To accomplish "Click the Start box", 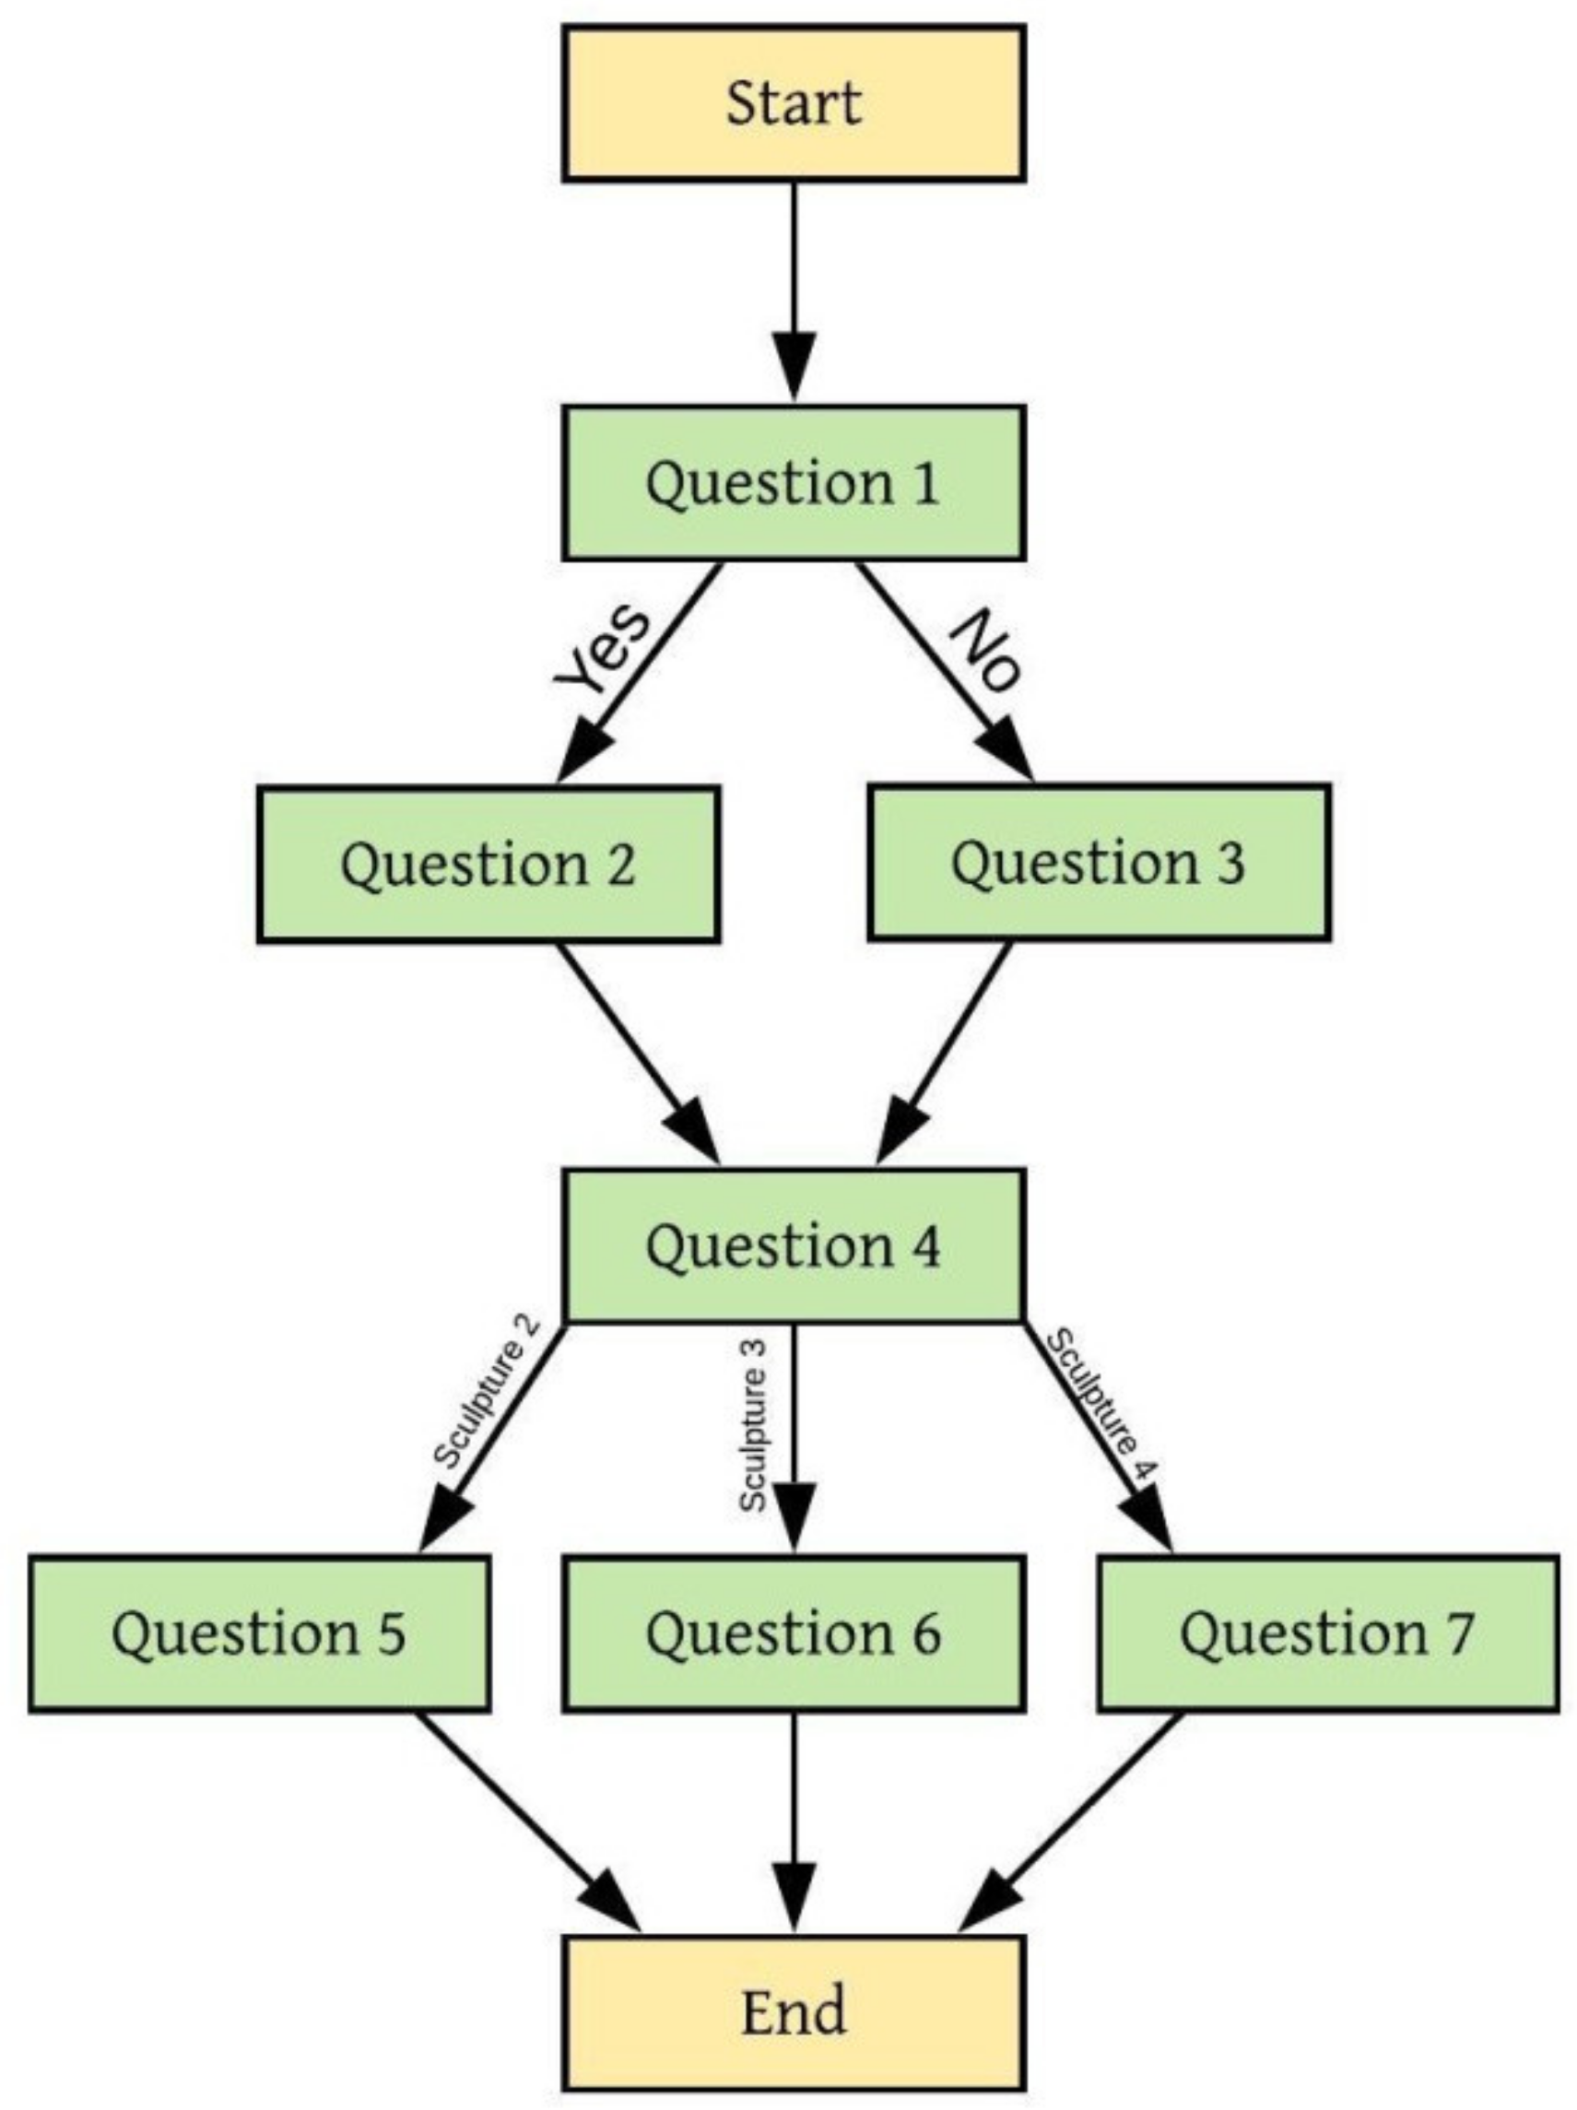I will (x=793, y=103).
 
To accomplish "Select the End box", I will (x=793, y=2011).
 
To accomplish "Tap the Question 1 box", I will (x=793, y=483).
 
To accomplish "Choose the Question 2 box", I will (x=488, y=865).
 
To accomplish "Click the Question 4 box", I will (x=793, y=1245).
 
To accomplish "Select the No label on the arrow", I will (x=986, y=651).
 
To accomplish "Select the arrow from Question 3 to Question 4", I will (x=945, y=1049).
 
